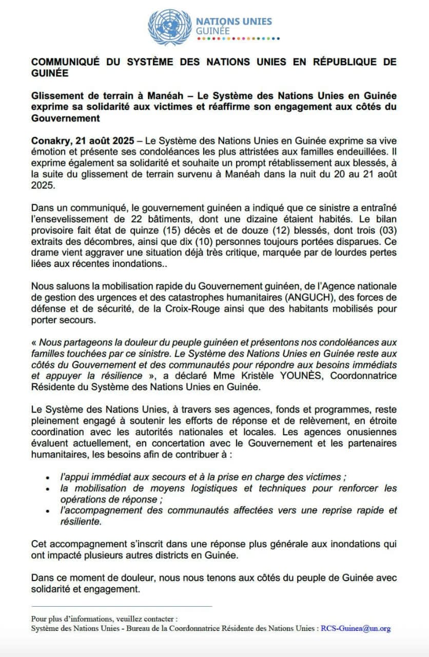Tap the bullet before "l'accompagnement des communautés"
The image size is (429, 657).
click(x=48, y=511)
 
